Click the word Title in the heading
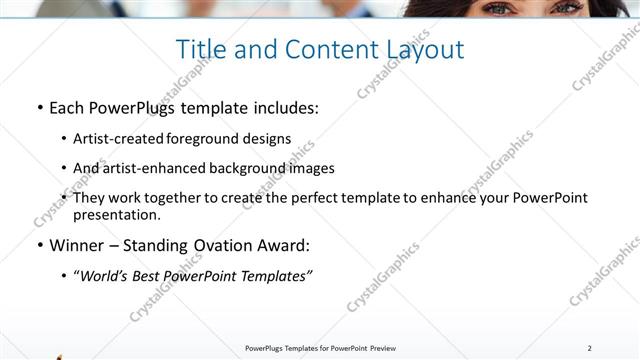(198, 48)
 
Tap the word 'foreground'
(203, 138)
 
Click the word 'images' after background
(310, 168)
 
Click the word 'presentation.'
(116, 214)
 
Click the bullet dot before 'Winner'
(38, 245)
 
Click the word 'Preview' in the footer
(378, 348)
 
